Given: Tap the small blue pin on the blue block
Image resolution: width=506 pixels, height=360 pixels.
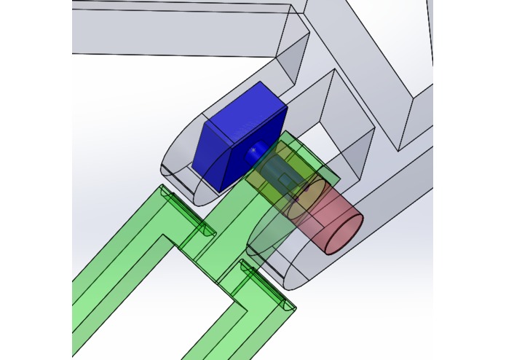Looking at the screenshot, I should [253, 151].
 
